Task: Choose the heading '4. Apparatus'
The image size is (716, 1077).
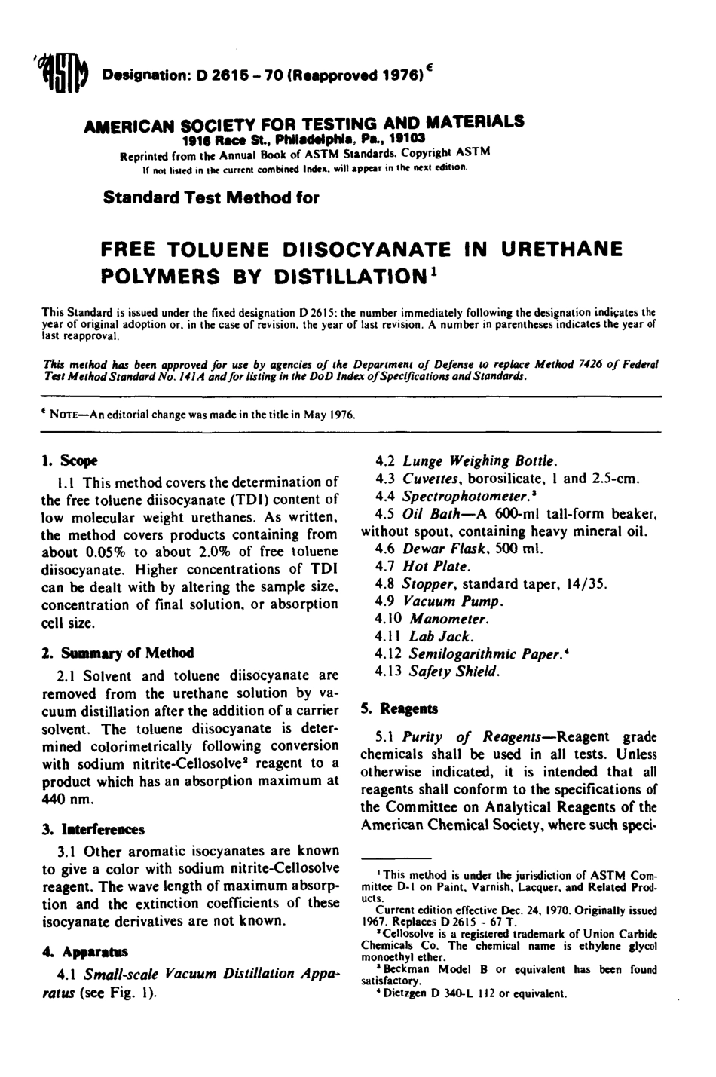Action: click(84, 951)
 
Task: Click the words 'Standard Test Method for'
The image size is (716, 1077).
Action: click(210, 198)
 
